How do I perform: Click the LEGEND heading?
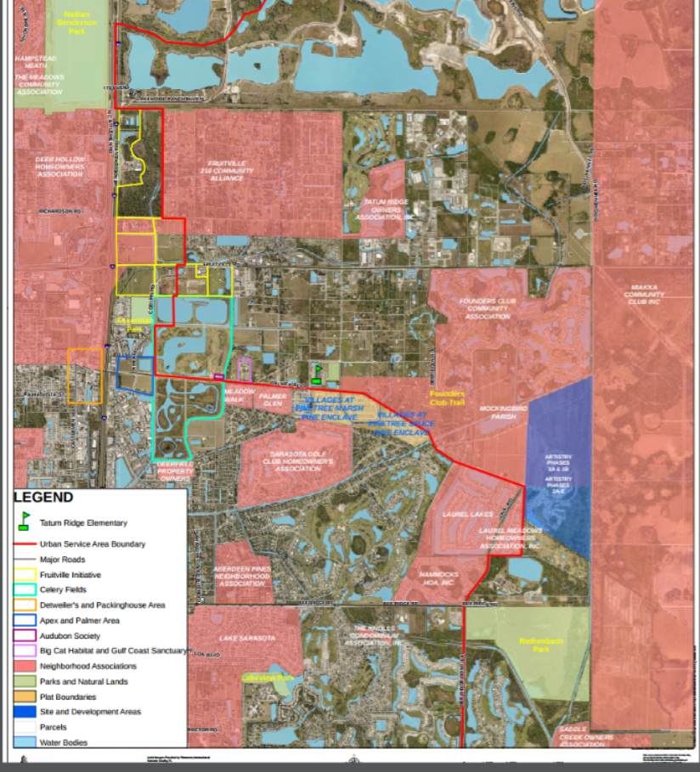pos(43,498)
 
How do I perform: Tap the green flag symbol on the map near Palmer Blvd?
pos(318,375)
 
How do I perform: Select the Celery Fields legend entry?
pos(63,590)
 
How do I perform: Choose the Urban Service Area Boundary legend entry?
pos(92,544)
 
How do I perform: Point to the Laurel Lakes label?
pos(467,515)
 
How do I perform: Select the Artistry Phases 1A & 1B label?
pos(558,463)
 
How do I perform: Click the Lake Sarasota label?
pos(247,638)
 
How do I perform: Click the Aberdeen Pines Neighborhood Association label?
pos(242,576)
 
